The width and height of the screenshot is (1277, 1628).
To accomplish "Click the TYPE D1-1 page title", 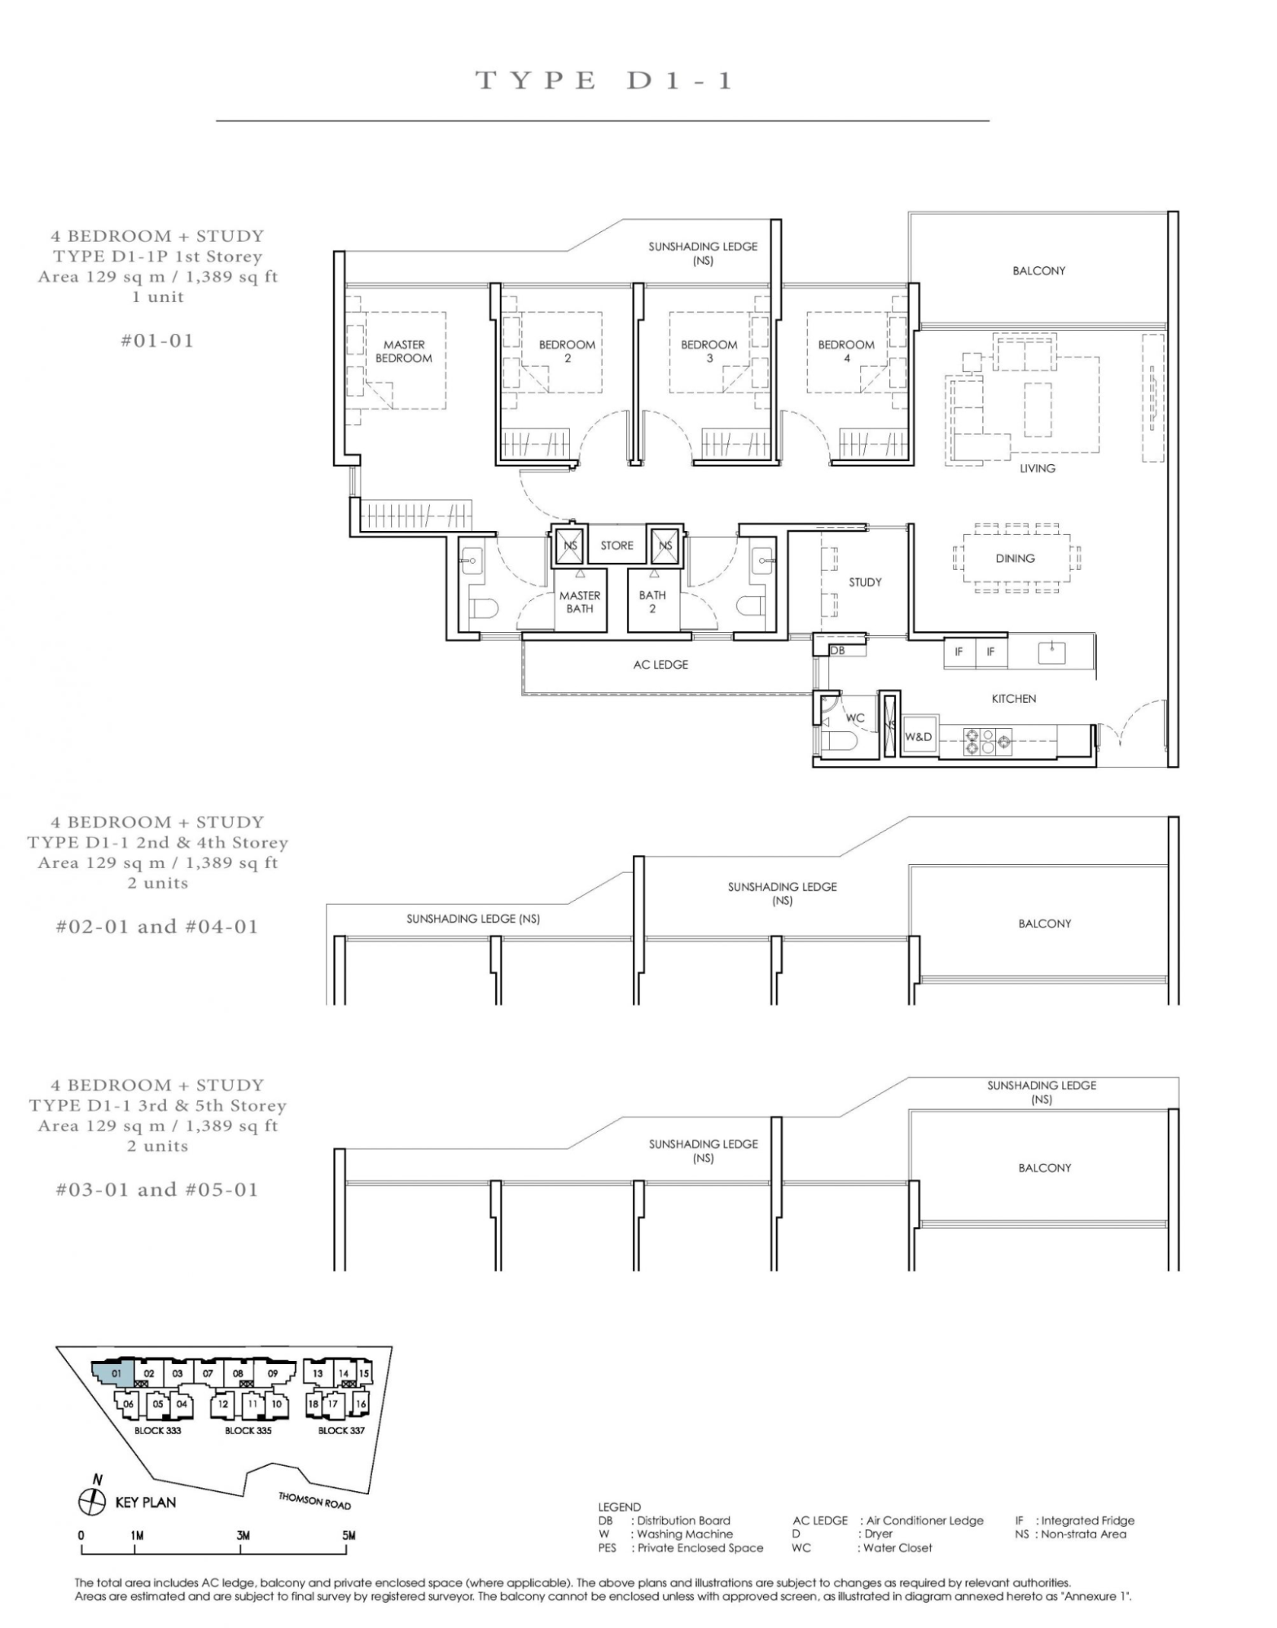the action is (x=603, y=81).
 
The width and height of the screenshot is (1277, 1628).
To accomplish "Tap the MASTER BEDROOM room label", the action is (x=404, y=351).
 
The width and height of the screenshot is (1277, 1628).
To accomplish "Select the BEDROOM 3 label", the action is (x=709, y=351).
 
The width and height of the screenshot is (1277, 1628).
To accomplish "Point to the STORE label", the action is (x=617, y=546).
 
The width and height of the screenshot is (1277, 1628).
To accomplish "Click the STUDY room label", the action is (x=865, y=582).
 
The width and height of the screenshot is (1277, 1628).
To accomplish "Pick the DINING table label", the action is (x=1015, y=559).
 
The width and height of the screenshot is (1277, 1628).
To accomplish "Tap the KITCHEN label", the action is (x=1014, y=699).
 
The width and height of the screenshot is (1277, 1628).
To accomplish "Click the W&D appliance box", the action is (x=919, y=736).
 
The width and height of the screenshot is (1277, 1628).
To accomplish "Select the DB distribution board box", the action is (x=838, y=651).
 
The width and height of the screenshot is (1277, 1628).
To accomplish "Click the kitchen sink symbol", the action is (x=1052, y=652).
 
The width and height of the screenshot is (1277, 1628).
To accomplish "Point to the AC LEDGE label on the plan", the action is (x=660, y=665).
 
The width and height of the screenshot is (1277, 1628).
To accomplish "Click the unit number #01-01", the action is (x=157, y=340).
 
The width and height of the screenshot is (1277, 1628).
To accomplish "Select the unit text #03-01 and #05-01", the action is (x=157, y=1190).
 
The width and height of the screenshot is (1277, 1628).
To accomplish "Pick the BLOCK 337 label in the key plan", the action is (x=341, y=1430).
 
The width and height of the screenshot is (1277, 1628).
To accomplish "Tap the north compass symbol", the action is (x=93, y=1502).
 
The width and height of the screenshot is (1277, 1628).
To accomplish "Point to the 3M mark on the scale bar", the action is (x=243, y=1535).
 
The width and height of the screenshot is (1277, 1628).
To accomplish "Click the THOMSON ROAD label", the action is (x=314, y=1500).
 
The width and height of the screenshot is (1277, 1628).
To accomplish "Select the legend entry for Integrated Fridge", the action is (x=1074, y=1520).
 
